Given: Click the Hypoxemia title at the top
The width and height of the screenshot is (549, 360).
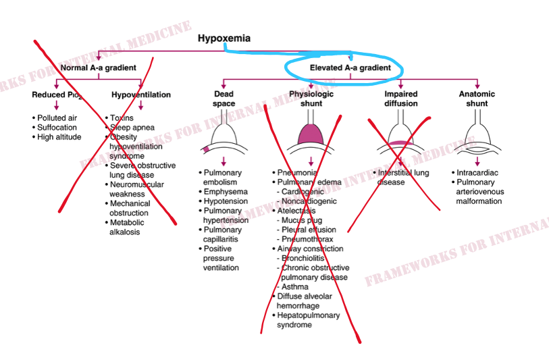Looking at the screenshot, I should coord(224,38).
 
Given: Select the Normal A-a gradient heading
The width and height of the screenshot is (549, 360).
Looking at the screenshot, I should coord(99,68).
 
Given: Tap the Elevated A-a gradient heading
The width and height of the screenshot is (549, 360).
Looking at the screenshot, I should coord(350,68).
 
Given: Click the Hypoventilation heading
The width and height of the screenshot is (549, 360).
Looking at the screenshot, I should coord(141,95).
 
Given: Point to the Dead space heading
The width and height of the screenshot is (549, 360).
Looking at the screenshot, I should coord(224,99).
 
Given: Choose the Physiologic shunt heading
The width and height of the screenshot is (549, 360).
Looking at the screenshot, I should coord(311,99).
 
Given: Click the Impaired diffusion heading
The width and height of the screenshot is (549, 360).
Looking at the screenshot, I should coord(401,99).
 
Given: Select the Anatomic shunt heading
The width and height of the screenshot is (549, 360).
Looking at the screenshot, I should coord(477,99).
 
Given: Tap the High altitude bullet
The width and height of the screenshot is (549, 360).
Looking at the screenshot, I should coord(59,137).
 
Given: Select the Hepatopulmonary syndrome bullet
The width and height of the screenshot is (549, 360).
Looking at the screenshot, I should coord(308,320).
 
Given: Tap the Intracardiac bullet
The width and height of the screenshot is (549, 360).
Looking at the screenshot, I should coord(477,173).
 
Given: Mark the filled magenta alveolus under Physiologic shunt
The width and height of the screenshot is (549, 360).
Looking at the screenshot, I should coord(311,135).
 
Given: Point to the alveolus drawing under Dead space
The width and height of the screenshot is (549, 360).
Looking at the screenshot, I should coord(224,138).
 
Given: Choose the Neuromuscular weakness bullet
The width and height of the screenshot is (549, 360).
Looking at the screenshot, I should coord(136,189).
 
